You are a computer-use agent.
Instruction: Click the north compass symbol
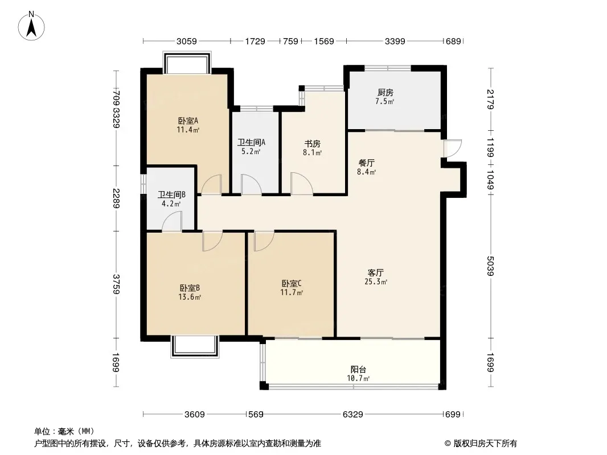[x=32, y=26]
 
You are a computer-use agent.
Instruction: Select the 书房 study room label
[x=312, y=143]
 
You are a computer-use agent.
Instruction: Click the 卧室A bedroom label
[x=188, y=121]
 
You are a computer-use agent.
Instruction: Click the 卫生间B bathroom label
[x=169, y=195]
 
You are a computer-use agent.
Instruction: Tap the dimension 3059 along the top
[x=186, y=41]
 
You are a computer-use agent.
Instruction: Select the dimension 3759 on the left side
[x=116, y=284]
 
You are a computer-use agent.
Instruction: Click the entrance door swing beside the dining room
[x=453, y=148]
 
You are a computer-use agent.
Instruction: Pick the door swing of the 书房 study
[x=300, y=184]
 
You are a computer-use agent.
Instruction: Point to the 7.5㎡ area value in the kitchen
[x=385, y=102]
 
